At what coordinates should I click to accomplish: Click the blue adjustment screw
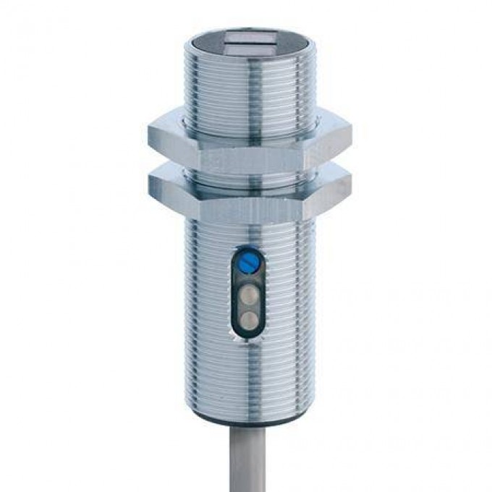tap(247, 257)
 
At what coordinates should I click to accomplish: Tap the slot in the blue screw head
tap(247, 257)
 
